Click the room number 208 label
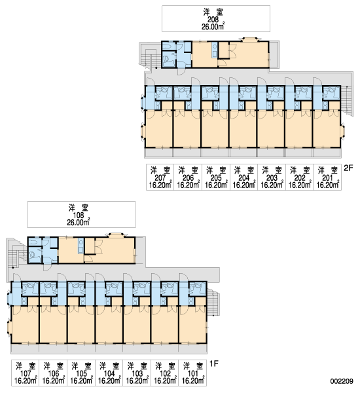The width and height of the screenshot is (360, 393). tap(213, 20)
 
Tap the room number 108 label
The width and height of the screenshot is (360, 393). tap(79, 215)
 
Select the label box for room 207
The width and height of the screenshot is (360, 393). tap(160, 178)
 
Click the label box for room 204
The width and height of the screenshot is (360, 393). tap(243, 178)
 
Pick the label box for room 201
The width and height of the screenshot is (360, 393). tap(327, 178)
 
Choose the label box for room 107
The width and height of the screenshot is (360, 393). tap(26, 373)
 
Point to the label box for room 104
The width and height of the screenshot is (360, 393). tap(109, 373)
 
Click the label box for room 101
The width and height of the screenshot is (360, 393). tap(192, 373)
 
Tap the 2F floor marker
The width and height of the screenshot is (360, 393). tap(348, 168)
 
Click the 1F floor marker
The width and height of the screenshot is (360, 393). tap(213, 363)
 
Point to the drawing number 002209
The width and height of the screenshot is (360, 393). tap(342, 381)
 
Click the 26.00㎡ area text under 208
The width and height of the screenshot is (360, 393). tap(213, 27)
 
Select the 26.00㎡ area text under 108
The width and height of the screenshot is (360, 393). tap(79, 222)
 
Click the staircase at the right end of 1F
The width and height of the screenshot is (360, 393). tap(213, 302)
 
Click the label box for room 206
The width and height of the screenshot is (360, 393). tap(188, 178)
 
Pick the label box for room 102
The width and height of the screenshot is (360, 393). tap(165, 373)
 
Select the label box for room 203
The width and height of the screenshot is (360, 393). tap(272, 178)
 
